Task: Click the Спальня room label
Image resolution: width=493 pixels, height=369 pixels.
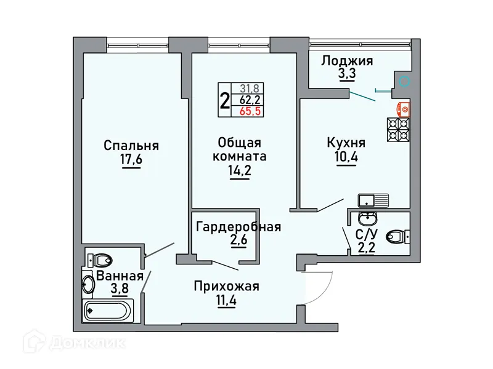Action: pos(131,146)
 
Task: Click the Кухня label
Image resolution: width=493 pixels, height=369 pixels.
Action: pos(346,143)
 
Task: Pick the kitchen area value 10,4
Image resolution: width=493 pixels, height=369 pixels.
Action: pos(346,157)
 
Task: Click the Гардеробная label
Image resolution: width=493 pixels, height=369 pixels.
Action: pos(238,227)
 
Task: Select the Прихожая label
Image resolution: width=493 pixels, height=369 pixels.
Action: pos(226,286)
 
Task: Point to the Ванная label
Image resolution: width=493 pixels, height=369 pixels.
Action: pos(120,276)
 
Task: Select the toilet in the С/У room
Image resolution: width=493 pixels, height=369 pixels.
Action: pos(395,236)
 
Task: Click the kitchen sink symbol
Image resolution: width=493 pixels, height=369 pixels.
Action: pos(373,200)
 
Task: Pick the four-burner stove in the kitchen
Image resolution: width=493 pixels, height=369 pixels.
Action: pos(397,130)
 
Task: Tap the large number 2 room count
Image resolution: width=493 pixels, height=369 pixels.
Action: pos(224,99)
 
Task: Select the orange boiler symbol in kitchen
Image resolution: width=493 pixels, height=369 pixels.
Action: pos(404,108)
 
